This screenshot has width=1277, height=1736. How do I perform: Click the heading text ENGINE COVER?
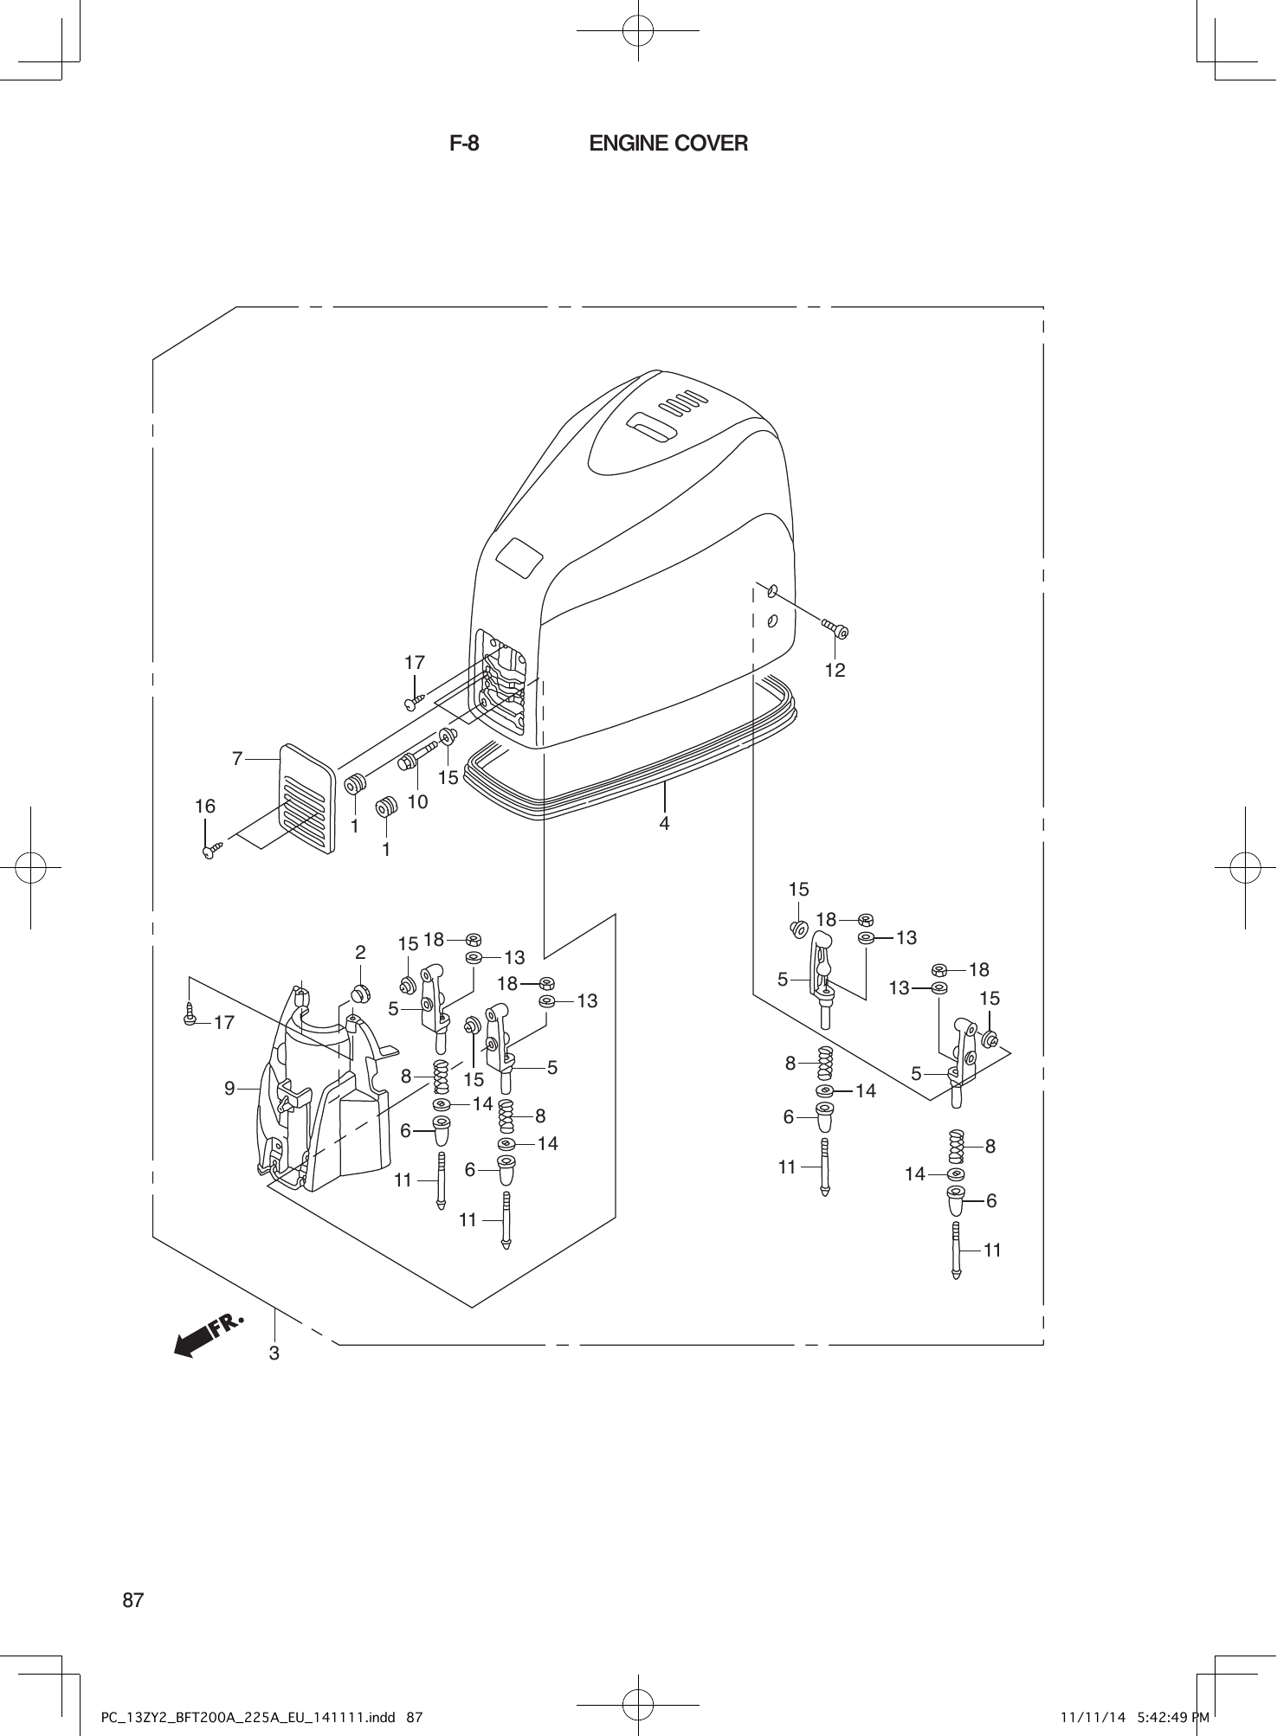668,144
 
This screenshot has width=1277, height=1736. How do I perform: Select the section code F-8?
464,144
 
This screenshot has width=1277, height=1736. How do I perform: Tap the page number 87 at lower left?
133,1600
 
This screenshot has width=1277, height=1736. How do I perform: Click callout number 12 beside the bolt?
835,670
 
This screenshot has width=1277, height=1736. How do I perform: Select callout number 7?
237,759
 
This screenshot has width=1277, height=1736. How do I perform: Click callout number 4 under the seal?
664,823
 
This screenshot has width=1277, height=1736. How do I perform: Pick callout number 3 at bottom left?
274,1353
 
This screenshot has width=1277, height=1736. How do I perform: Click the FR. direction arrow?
208,1336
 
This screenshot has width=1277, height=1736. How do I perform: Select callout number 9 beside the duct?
229,1089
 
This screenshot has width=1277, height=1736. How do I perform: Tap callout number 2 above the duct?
360,953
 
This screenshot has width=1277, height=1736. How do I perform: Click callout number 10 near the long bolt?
417,802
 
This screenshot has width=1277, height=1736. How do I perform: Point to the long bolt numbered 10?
417,755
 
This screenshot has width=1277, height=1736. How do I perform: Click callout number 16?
204,807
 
